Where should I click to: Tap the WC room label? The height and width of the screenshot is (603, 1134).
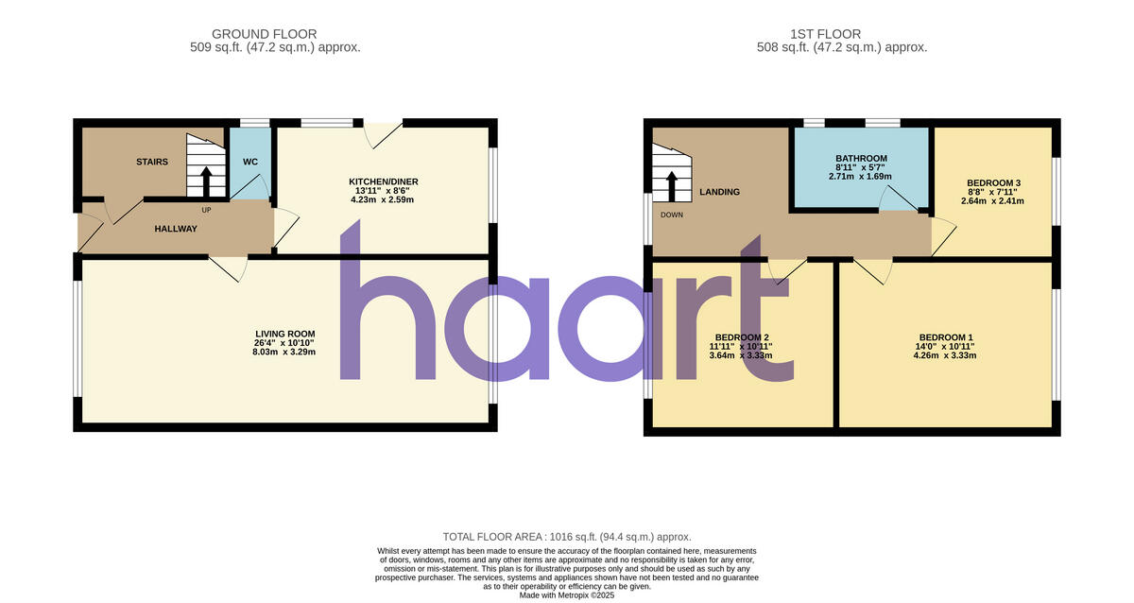point(250,162)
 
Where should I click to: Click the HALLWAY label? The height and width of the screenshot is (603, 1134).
point(176,229)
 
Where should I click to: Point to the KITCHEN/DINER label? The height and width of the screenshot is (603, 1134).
point(384,181)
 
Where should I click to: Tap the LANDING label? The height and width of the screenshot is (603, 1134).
point(719,192)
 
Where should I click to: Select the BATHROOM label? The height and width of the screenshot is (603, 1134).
point(861,158)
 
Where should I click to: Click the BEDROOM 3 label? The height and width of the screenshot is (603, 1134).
point(993,182)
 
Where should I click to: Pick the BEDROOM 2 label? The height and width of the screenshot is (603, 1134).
point(742,337)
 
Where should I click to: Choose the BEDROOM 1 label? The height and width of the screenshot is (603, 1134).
point(946,337)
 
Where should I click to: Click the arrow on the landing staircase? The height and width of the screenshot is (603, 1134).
point(671,185)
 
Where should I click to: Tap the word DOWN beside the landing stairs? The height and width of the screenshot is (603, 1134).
point(672,215)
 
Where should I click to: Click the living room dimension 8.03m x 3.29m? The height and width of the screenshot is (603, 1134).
point(284,353)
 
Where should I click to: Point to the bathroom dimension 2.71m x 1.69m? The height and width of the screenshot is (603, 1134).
point(861,177)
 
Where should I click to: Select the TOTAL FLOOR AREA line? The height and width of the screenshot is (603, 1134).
point(567,536)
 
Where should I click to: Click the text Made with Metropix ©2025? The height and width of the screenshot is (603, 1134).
point(567,596)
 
